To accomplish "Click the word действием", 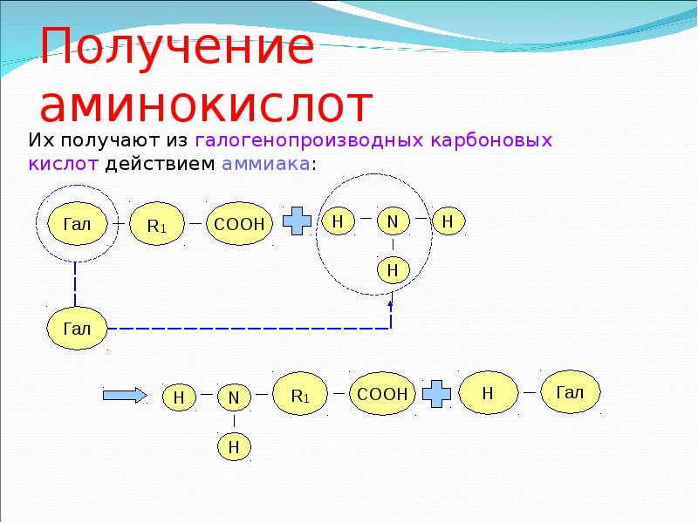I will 163,166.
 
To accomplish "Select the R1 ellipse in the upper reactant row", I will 157,225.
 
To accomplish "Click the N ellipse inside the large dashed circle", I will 393,222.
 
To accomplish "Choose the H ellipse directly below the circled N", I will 393,271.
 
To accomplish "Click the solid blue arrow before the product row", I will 124,395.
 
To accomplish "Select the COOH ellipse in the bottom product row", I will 382,395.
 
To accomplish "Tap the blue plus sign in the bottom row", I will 438,394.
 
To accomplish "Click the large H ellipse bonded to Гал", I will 488,394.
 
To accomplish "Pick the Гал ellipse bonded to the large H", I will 571,392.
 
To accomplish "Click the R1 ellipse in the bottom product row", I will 300,394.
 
